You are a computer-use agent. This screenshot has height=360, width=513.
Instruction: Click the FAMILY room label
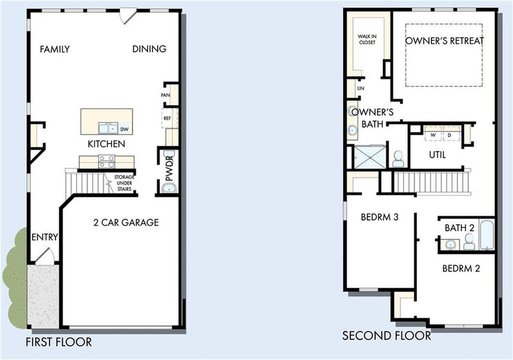pos(55,49)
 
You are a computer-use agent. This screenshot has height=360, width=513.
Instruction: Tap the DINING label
pos(149,49)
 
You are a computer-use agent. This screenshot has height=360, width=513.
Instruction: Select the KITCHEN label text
pos(106,144)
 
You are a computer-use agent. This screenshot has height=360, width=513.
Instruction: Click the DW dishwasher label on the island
pos(124,129)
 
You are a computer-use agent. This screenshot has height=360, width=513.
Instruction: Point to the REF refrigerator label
pos(166,119)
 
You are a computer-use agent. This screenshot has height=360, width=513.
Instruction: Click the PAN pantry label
pos(165,95)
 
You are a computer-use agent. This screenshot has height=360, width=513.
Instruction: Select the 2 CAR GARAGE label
pos(126,223)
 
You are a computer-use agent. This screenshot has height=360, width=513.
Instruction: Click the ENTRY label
pos(44,237)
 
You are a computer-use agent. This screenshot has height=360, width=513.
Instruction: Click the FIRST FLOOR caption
pos(59,342)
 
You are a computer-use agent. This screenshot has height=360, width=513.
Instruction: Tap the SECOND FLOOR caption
pos(386,335)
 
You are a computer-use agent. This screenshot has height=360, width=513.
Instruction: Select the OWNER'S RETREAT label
pos(444,41)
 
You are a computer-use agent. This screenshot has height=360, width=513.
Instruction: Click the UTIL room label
pos(437,155)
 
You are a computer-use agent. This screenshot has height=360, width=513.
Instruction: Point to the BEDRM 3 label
pos(380,217)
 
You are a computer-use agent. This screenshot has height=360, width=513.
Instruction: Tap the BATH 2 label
pos(460,228)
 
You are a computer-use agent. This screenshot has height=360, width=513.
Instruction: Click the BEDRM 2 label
pos(461,268)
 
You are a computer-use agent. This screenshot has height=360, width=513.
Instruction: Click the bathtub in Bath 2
pos(486,236)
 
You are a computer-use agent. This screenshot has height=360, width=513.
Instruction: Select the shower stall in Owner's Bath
pos(368,157)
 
